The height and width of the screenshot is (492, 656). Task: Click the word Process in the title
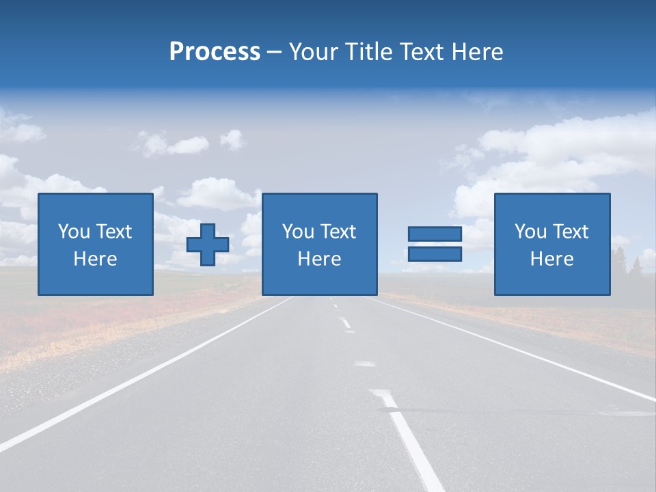(x=215, y=52)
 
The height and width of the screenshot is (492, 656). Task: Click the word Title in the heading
(x=368, y=52)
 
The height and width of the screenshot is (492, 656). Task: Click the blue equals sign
(x=435, y=244)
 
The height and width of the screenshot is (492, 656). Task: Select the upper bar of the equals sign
(x=435, y=234)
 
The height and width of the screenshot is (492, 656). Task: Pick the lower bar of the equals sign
(x=435, y=254)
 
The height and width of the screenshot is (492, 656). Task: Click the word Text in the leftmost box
(x=114, y=232)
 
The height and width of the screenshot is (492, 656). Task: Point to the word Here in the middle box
(x=319, y=259)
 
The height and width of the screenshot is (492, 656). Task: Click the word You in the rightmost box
(x=530, y=232)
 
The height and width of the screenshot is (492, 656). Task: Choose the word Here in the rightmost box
(x=551, y=259)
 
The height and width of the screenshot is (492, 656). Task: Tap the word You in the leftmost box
(x=74, y=232)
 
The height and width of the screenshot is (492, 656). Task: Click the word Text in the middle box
(x=338, y=232)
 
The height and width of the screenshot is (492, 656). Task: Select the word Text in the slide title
(x=420, y=52)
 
